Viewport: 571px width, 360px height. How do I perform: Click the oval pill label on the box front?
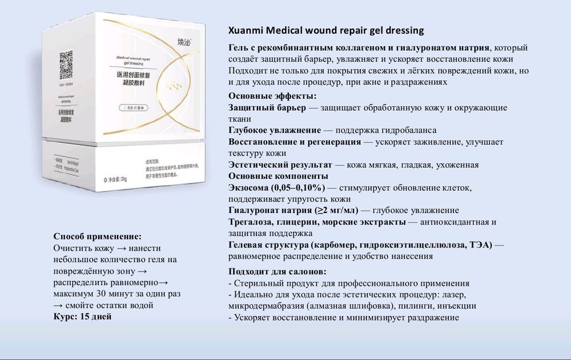tap(127, 107)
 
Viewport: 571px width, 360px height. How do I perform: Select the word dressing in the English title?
tap(402, 30)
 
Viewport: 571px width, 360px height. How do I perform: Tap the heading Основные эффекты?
tap(272, 96)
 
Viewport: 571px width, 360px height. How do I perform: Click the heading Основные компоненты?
tap(278, 176)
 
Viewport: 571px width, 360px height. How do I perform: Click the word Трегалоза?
tap(252, 222)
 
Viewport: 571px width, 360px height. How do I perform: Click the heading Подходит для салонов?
tap(278, 271)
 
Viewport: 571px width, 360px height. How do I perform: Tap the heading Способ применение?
tap(97, 237)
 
